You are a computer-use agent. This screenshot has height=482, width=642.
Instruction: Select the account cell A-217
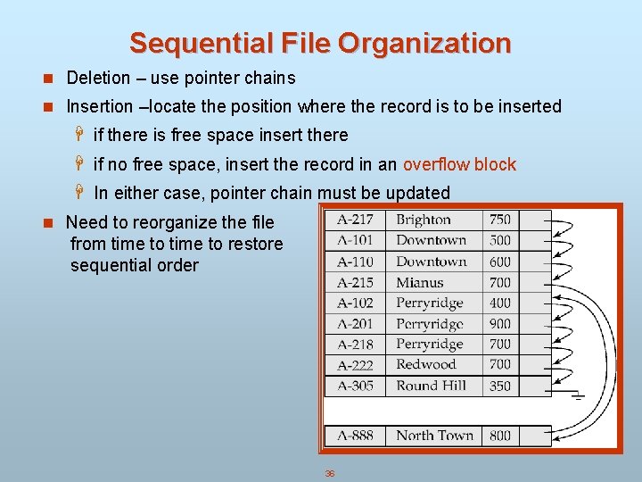(x=355, y=220)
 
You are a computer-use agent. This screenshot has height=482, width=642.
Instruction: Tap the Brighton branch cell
(x=424, y=220)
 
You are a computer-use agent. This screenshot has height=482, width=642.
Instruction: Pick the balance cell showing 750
(x=500, y=220)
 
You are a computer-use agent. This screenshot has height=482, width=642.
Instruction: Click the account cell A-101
(x=355, y=240)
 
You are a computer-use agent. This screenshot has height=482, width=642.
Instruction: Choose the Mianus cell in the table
(x=419, y=282)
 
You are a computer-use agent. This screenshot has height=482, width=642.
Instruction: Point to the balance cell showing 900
(x=500, y=323)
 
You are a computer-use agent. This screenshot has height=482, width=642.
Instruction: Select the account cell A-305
(x=355, y=386)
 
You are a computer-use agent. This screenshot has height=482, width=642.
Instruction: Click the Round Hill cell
(x=431, y=386)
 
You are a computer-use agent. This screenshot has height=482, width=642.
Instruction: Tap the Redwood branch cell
(x=425, y=364)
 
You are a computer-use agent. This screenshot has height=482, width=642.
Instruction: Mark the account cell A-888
(x=355, y=436)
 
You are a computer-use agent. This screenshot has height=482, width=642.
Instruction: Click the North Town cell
(x=434, y=436)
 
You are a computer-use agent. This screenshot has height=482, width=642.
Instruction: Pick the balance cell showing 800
(x=500, y=436)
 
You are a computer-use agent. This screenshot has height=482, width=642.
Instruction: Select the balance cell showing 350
(x=500, y=386)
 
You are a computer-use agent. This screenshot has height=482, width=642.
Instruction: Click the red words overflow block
(x=459, y=164)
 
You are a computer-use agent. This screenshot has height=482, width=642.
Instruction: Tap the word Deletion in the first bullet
(x=97, y=79)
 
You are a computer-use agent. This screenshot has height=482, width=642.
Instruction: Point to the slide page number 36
(x=329, y=473)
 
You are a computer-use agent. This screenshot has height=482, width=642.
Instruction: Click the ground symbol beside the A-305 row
(x=578, y=395)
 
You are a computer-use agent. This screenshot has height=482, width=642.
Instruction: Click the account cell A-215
(x=355, y=282)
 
